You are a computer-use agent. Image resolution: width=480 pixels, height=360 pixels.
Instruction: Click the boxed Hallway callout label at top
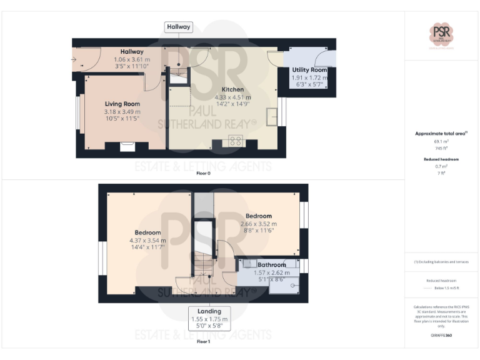tap(178, 27)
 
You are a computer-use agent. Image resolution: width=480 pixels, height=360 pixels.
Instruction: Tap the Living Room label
tap(122, 104)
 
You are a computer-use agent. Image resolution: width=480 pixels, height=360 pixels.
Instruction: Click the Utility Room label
tap(309, 70)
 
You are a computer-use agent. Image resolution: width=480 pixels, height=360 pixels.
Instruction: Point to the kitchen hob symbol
tap(236, 141)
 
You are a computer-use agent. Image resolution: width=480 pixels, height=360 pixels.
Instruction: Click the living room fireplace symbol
tap(127, 146)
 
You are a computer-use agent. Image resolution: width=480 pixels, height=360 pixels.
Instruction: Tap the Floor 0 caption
tap(203, 173)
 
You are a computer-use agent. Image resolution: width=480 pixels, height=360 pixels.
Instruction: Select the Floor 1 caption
tap(203, 342)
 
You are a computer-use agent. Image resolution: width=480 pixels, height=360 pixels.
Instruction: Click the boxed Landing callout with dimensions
tap(209, 319)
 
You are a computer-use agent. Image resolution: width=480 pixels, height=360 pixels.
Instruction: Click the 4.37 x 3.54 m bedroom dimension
tap(147, 240)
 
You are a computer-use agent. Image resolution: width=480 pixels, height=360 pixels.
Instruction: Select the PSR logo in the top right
tap(442, 32)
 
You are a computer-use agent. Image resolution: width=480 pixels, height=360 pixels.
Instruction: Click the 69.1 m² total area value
tap(442, 142)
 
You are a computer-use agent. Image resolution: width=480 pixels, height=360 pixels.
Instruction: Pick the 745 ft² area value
tap(442, 149)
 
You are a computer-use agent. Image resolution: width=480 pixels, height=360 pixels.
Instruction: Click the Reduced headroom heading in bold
tap(442, 159)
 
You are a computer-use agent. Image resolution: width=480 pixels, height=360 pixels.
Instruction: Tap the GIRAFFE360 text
tap(442, 336)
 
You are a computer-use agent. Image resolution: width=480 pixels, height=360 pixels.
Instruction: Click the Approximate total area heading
tap(441, 133)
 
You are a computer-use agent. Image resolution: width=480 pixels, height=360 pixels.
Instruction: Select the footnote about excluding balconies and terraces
tap(442, 262)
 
